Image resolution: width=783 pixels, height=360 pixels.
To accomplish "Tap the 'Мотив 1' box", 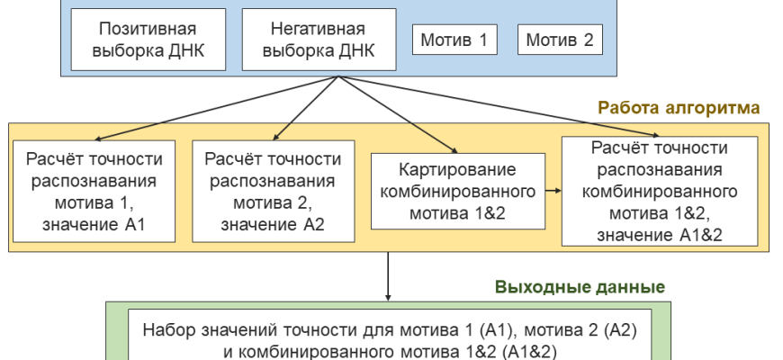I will pyautogui.click(x=455, y=40).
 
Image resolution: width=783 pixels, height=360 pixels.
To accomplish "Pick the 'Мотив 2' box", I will pyautogui.click(x=560, y=40).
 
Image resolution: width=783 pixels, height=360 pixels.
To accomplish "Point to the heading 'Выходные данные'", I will pyautogui.click(x=580, y=288).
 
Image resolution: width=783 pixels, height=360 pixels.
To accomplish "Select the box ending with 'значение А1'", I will pyautogui.click(x=95, y=191).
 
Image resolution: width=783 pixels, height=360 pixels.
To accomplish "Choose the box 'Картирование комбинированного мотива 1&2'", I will pyautogui.click(x=458, y=191).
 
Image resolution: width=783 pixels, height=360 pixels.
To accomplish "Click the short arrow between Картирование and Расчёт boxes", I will pyautogui.click(x=553, y=191).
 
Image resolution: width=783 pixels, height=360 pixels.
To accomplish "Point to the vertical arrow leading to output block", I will pyautogui.click(x=388, y=274).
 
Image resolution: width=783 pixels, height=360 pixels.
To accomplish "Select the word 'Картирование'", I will pyautogui.click(x=459, y=170).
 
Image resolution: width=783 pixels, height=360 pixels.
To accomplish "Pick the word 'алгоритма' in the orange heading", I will pyautogui.click(x=716, y=108).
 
